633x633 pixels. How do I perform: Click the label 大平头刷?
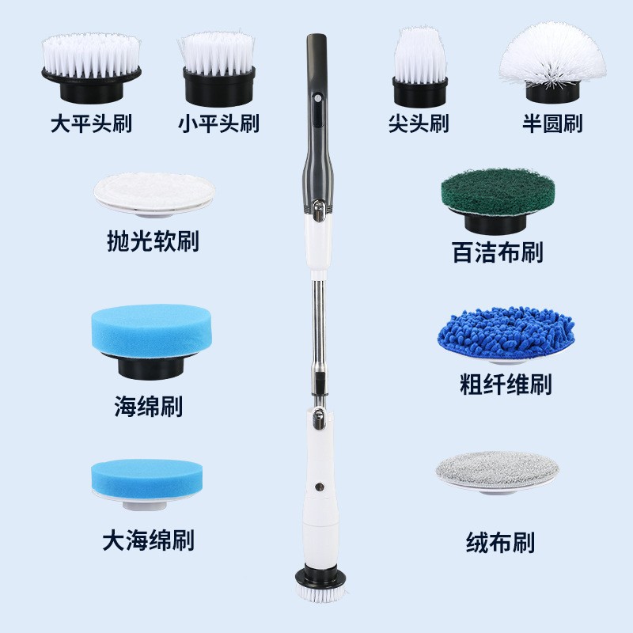[90, 124]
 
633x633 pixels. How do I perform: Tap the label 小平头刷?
[218, 124]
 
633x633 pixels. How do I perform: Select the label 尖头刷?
[419, 124]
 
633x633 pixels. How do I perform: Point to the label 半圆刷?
[552, 124]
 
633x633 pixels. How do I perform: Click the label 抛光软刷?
[153, 241]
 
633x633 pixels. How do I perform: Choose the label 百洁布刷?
[497, 253]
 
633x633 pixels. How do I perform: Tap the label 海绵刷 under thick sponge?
[148, 407]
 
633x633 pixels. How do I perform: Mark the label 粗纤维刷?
[505, 385]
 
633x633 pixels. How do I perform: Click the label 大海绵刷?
[148, 540]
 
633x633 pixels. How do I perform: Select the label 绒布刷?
[500, 543]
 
